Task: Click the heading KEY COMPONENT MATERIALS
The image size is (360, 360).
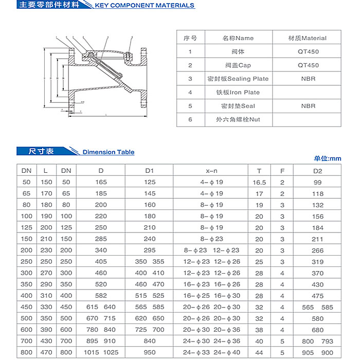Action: [145, 6]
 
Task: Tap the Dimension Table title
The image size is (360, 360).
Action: [109, 152]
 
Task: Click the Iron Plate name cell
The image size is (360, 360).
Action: [238, 93]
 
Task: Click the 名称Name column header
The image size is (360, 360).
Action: [238, 38]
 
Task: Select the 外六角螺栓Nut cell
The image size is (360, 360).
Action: [238, 119]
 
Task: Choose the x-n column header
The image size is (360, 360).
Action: [211, 170]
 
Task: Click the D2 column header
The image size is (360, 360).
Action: [318, 170]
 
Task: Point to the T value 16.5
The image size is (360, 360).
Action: [259, 182]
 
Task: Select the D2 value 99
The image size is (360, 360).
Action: [318, 182]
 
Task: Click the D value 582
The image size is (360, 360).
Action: [101, 295]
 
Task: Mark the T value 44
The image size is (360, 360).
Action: [259, 352]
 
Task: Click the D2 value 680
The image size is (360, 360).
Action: [318, 330]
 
